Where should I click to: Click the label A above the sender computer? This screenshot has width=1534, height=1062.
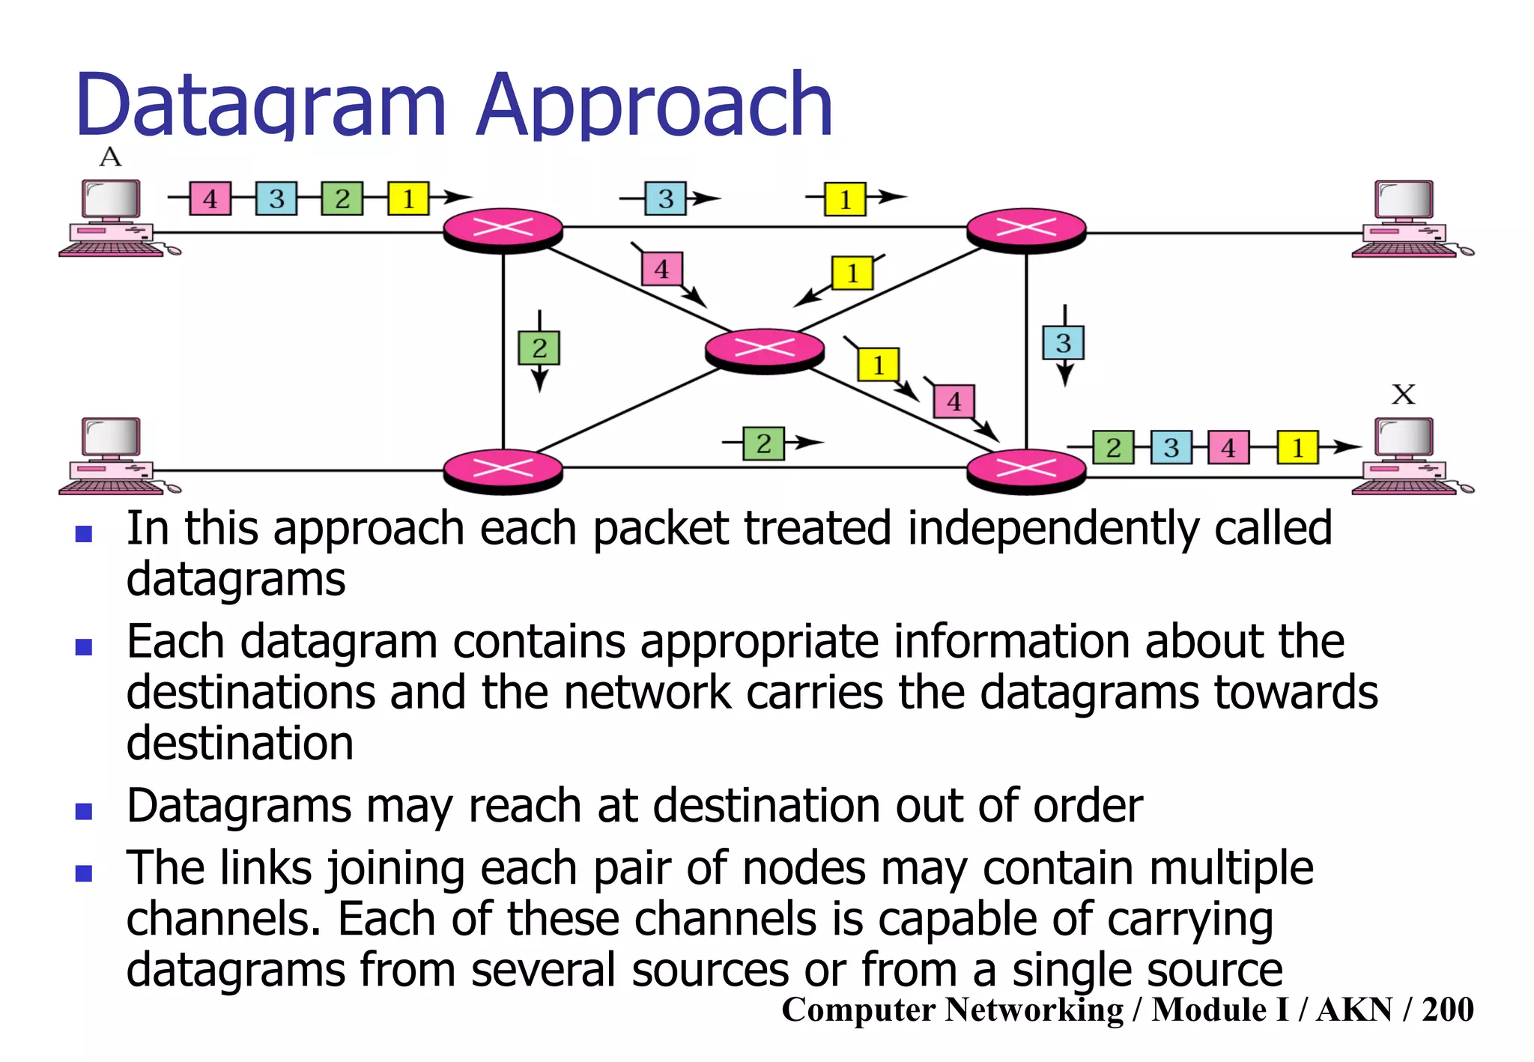coord(110,157)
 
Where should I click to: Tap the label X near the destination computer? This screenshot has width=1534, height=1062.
coord(1403,394)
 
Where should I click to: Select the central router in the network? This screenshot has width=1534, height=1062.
coord(765,348)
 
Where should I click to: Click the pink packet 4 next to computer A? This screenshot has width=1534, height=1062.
coord(210,199)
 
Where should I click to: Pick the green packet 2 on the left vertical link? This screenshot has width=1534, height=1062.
coord(539,348)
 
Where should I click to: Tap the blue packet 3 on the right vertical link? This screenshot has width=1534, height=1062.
coord(1064,343)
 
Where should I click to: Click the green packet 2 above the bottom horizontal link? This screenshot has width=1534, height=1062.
coord(763,443)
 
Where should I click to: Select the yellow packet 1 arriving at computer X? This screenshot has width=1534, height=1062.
coord(1297,448)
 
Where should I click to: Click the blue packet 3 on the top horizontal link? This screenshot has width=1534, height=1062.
coord(665,199)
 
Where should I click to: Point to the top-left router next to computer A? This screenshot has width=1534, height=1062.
coord(503,228)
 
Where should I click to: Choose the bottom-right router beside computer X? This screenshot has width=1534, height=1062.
coord(1026,470)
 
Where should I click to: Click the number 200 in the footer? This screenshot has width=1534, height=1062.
coord(1447,1010)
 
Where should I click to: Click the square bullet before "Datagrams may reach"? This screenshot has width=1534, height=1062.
coord(84,811)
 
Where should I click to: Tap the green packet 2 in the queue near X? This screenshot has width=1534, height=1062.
coord(1113,448)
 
